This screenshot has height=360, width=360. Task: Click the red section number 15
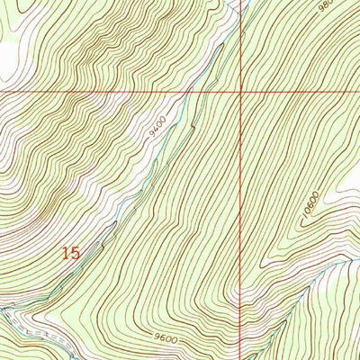pos(71,253)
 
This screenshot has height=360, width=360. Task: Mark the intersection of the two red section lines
pos(240,92)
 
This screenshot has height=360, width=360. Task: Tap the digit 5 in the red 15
pos(76,253)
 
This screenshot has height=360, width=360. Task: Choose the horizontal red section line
pos(90,92)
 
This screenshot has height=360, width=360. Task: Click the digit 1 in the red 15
pos(66,253)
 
